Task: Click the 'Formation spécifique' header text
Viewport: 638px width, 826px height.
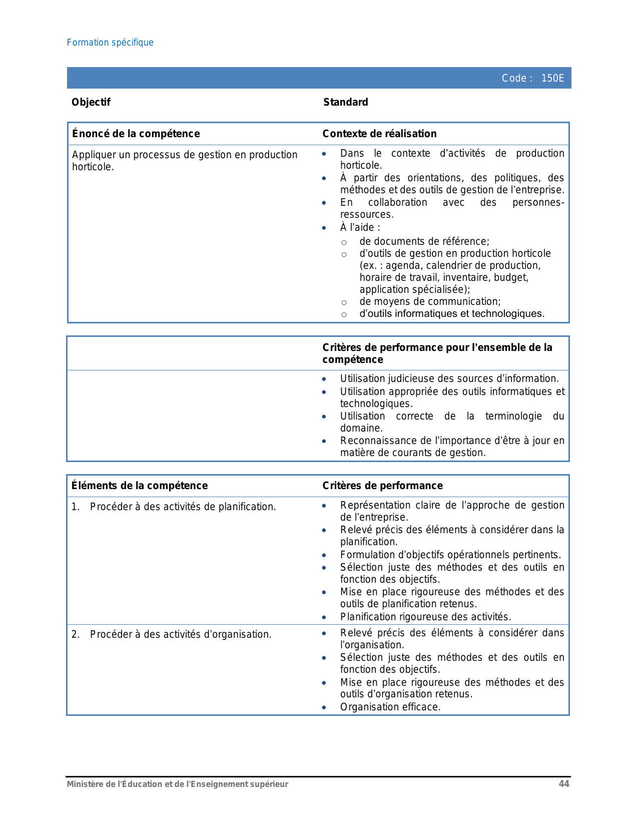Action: pos(110,43)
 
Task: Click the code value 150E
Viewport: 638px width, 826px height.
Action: pos(552,78)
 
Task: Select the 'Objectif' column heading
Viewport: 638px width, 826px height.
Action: pos(91,102)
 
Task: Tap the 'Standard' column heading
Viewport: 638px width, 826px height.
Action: pos(346,102)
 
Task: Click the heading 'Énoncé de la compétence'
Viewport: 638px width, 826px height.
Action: pos(136,134)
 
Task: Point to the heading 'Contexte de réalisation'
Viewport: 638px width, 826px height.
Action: pos(379,134)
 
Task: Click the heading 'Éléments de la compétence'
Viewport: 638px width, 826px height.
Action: pos(140,486)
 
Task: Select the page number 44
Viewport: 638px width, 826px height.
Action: pos(564,784)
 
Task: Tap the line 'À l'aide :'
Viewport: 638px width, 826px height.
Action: pos(360,228)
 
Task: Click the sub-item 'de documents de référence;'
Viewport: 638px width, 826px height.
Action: pos(424,241)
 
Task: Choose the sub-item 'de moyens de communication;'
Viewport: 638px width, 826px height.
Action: pos(430,301)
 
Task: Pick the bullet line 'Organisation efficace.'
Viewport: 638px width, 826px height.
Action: pos(390,707)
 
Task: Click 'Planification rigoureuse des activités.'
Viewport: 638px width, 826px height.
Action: pos(425,617)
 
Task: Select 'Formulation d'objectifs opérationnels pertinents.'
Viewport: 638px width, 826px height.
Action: pos(450,555)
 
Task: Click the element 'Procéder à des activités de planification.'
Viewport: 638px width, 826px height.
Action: pos(183,507)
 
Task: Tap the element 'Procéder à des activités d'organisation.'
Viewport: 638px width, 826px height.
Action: pos(181,634)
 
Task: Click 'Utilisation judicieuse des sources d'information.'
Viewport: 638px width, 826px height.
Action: pos(449,378)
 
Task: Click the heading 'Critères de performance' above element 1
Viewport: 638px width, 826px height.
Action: pos(382,486)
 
